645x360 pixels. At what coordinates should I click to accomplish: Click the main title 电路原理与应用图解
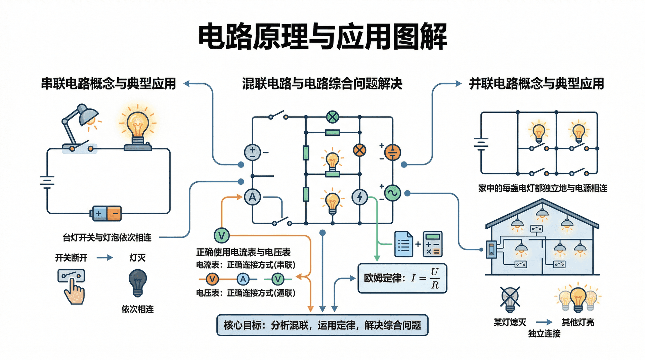tap(322, 36)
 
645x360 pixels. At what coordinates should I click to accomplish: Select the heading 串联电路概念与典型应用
tap(108, 84)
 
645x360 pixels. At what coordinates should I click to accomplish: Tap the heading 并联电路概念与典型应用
tap(536, 84)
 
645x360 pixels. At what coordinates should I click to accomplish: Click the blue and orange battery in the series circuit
tap(106, 213)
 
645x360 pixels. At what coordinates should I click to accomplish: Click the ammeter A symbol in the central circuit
tap(252, 197)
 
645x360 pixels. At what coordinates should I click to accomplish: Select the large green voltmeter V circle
tap(222, 235)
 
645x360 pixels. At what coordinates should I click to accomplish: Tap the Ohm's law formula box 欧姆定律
tap(402, 278)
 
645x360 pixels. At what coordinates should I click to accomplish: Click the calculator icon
tap(432, 244)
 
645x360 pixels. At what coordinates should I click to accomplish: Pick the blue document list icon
tap(403, 244)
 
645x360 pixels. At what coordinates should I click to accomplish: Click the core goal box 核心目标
tap(322, 325)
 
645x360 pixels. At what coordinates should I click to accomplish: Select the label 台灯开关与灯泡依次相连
tap(107, 238)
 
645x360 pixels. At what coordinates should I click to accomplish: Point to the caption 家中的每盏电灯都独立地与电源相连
tap(543, 188)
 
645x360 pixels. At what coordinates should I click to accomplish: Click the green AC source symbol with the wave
tap(392, 193)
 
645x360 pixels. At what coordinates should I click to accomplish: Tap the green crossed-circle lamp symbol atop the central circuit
tap(333, 117)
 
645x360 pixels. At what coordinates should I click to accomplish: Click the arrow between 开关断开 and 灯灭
tap(105, 258)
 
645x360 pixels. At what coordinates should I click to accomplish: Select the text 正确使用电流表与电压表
tap(243, 252)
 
